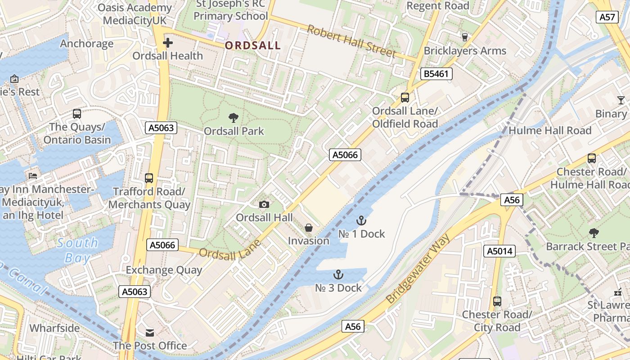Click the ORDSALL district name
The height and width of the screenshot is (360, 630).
coord(252,45)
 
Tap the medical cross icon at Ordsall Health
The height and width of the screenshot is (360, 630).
coord(168,43)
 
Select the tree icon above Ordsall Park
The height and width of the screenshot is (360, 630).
coord(234,118)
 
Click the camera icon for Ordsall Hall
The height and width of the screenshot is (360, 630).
coord(264,205)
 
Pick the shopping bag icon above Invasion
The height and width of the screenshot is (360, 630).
coord(309,228)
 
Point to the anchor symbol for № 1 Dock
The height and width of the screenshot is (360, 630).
coord(361,220)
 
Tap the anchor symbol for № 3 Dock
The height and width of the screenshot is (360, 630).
coord(338,274)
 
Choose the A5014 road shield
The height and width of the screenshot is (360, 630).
coord(499,251)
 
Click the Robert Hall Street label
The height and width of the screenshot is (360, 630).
coord(351,41)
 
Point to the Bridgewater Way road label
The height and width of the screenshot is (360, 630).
coord(418,271)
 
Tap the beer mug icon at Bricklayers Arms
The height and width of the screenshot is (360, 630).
coord(465,37)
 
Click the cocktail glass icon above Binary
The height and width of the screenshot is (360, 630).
coord(621,100)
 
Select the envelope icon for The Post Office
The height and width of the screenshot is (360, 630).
coord(150,333)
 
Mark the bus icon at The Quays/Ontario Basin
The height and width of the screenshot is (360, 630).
coord(77,114)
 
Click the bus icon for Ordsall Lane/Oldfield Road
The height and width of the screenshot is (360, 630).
coord(405,98)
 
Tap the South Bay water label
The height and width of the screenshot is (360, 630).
coord(77,250)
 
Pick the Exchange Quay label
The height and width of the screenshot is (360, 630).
coord(164,270)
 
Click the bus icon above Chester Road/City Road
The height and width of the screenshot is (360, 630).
coord(497,301)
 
